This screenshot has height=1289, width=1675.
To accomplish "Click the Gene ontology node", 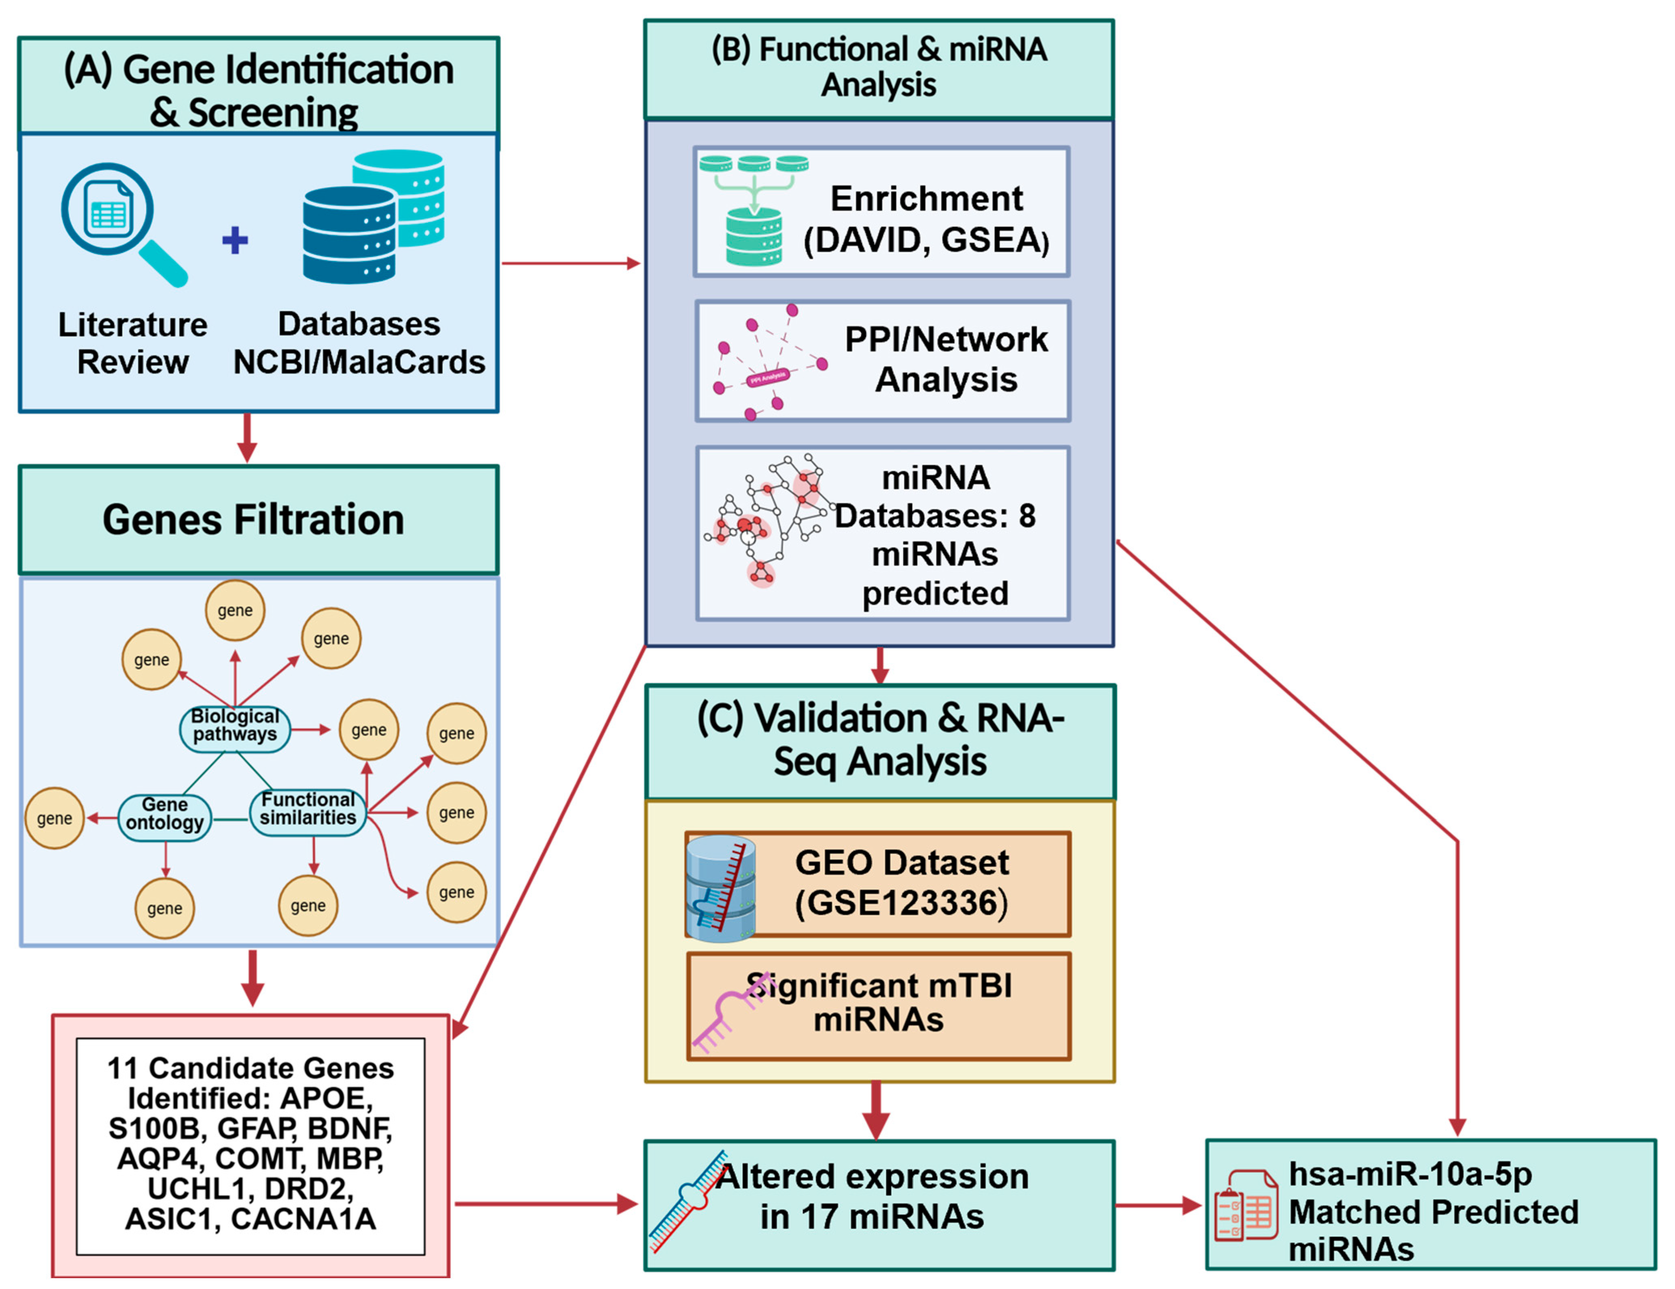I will [165, 814].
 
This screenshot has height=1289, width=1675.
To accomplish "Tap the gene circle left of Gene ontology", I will [55, 818].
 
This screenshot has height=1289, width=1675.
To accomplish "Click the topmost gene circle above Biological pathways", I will [235, 611].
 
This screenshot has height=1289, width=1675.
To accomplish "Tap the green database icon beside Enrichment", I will [754, 234].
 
